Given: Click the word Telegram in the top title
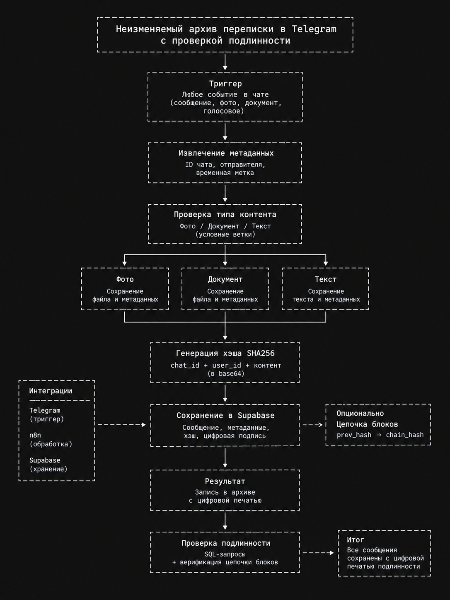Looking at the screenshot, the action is pyautogui.click(x=314, y=29).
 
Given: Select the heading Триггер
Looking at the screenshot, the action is pyautogui.click(x=225, y=84).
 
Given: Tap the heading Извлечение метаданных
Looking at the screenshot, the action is pyautogui.click(x=226, y=153).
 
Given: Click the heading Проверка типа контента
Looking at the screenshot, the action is pyautogui.click(x=225, y=215).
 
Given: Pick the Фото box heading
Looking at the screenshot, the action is pyautogui.click(x=125, y=279).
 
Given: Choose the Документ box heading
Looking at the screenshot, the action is pyautogui.click(x=225, y=279).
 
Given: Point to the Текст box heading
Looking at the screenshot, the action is pyautogui.click(x=325, y=279).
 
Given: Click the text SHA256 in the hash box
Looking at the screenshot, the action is pyautogui.click(x=261, y=353).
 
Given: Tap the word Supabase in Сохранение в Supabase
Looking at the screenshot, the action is pyautogui.click(x=256, y=416).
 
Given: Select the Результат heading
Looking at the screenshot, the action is pyautogui.click(x=225, y=481).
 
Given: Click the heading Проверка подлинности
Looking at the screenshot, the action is pyautogui.click(x=226, y=543).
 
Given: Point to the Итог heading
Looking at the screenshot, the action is pyautogui.click(x=356, y=540).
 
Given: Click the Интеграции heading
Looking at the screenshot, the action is pyautogui.click(x=51, y=391).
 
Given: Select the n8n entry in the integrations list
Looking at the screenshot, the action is pyautogui.click(x=35, y=435).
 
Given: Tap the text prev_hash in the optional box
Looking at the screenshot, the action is pyautogui.click(x=354, y=435).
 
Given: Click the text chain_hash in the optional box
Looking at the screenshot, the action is pyautogui.click(x=405, y=435).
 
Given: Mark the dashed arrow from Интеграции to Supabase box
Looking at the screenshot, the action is pyautogui.click(x=122, y=425).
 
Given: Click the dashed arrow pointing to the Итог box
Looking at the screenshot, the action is pyautogui.click(x=318, y=553).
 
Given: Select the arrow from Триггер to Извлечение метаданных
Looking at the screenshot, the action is pyautogui.click(x=225, y=132).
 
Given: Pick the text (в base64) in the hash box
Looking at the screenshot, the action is pyautogui.click(x=226, y=373).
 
